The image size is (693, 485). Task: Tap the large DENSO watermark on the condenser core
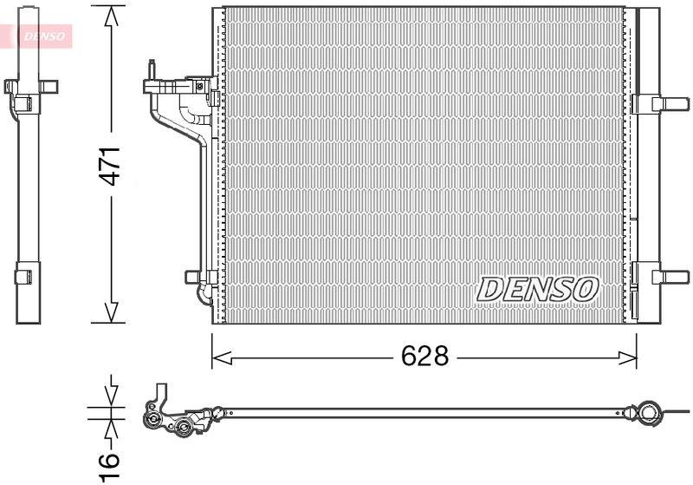(x=538, y=289)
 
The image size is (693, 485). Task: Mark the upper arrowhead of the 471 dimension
(x=111, y=17)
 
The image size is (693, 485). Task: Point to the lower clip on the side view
(x=25, y=277)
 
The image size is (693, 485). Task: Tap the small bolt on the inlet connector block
(x=200, y=86)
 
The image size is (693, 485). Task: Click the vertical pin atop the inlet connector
(x=151, y=69)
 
